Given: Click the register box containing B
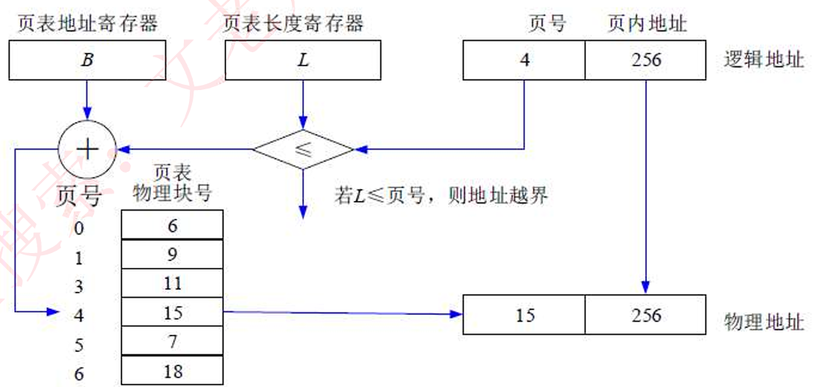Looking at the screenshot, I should click(88, 60).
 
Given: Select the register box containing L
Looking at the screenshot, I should click(302, 60).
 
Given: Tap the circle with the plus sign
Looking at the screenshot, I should click(88, 149).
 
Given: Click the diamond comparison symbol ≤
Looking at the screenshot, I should click(302, 149).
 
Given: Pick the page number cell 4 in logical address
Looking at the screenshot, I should click(524, 60).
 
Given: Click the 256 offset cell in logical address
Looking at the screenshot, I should click(645, 60).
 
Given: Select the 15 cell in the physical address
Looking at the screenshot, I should click(524, 315).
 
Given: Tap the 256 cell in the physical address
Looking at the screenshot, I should click(645, 315).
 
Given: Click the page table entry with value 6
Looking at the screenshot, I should click(172, 225).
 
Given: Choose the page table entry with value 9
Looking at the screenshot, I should click(172, 255).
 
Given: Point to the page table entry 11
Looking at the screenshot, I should click(172, 284).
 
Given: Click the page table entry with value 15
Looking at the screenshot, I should click(172, 313).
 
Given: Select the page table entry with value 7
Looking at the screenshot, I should click(172, 342).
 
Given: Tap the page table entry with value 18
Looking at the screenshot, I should click(172, 371).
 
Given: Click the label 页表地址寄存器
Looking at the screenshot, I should click(88, 24).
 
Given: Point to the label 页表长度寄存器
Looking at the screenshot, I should click(293, 24).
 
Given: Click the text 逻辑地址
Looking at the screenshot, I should click(764, 60).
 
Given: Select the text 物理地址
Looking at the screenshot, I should click(764, 322).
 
